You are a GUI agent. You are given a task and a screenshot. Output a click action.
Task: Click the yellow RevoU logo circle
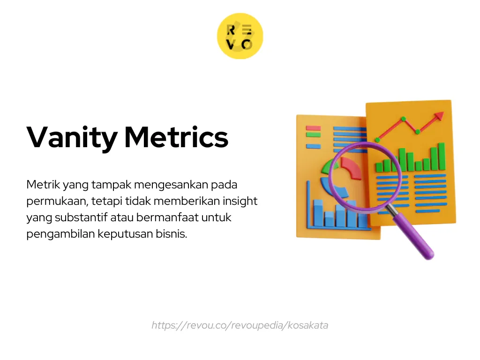pos(240,36)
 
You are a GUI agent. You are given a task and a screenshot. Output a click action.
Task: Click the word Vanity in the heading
pos(72,138)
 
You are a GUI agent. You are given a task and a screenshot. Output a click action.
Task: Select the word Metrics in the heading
pos(176,137)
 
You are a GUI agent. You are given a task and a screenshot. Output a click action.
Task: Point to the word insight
pos(240,201)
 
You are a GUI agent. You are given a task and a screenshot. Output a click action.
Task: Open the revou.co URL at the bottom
pos(240,325)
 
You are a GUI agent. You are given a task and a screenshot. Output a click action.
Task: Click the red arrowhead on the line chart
pos(439,115)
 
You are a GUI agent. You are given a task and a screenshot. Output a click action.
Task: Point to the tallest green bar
pos(442,156)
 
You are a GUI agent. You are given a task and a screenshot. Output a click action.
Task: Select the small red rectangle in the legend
pos(313,128)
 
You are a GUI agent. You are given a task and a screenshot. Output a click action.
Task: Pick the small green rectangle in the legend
pos(313,135)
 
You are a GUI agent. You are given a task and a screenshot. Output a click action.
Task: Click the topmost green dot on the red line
pos(404,119)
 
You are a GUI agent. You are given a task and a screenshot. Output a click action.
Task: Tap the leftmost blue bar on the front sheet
pos(318,213)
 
